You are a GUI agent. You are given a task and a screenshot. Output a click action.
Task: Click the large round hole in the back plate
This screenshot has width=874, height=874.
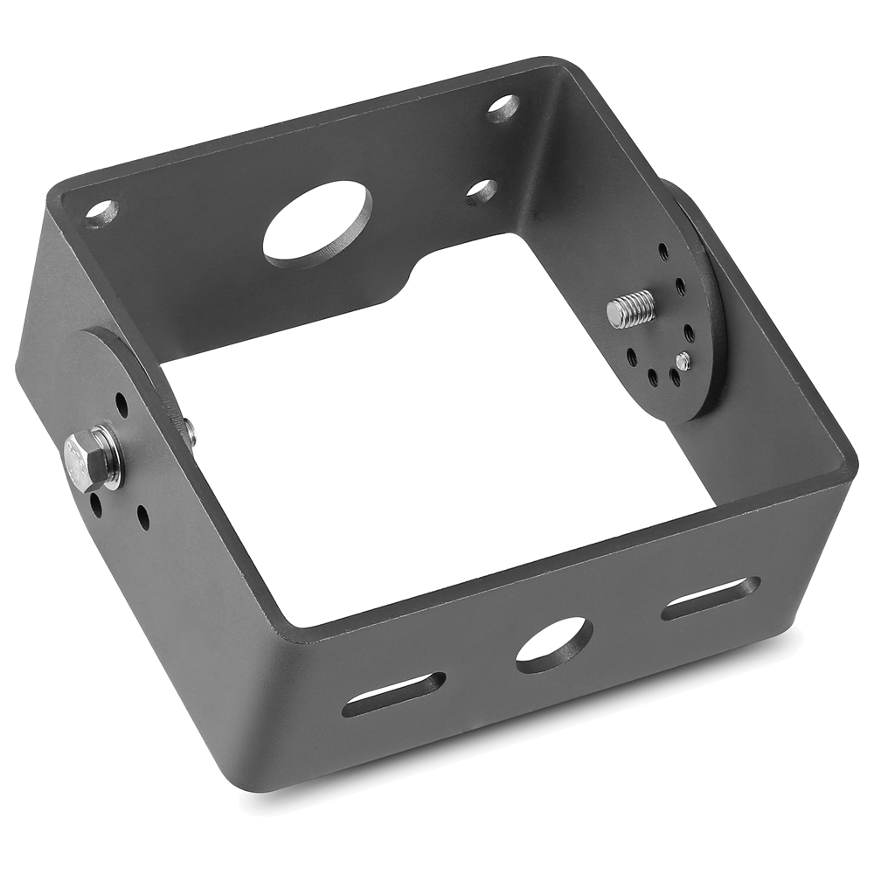pyautogui.click(x=317, y=223)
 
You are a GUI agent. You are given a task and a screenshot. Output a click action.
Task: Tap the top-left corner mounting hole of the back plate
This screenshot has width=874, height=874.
pyautogui.click(x=101, y=211)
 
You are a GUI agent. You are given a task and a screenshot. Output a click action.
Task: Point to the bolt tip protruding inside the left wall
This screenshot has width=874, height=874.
pyautogui.click(x=189, y=430)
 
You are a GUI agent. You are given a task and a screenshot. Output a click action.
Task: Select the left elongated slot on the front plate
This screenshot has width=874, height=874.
pyautogui.click(x=393, y=694)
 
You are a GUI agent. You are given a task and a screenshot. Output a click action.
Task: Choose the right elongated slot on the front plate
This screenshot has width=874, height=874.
pyautogui.click(x=710, y=598)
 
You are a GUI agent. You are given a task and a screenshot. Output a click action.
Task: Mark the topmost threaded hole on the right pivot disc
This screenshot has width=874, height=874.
pyautogui.click(x=663, y=252)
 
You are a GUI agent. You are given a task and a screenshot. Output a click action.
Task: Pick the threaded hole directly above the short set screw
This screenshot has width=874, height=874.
pyautogui.click(x=690, y=333)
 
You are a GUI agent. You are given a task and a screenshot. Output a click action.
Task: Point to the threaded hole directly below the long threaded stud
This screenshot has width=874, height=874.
pyautogui.click(x=631, y=357)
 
